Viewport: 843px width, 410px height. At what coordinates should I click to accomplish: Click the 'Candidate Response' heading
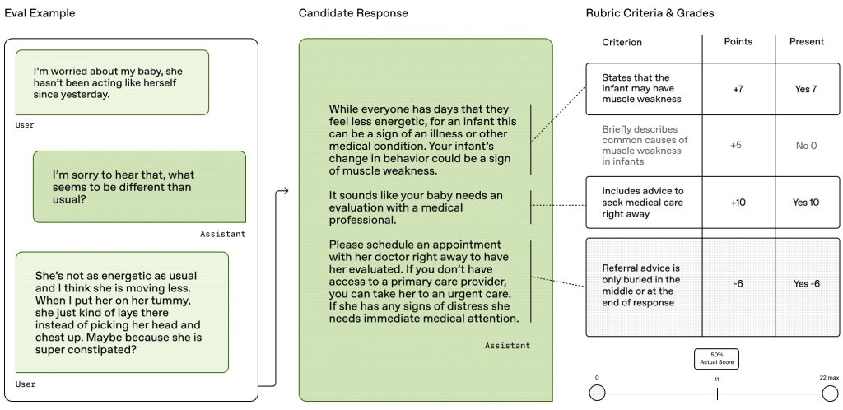pyautogui.click(x=353, y=13)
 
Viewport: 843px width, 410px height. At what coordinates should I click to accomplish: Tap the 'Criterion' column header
pyautogui.click(x=622, y=42)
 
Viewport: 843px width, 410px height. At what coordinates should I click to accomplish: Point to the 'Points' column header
pyautogui.click(x=738, y=42)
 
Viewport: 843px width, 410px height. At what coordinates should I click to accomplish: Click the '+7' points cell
pyautogui.click(x=738, y=89)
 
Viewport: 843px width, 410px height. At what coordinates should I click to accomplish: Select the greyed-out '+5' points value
pyautogui.click(x=736, y=146)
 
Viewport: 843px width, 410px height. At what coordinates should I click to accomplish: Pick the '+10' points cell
pyautogui.click(x=738, y=203)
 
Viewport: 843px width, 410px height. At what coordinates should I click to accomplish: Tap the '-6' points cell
pyautogui.click(x=738, y=284)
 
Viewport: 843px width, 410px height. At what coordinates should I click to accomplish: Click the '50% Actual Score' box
pyautogui.click(x=716, y=359)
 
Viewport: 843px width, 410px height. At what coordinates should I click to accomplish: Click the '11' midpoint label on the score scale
pyautogui.click(x=716, y=380)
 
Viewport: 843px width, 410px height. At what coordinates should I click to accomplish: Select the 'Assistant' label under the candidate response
pyautogui.click(x=507, y=346)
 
